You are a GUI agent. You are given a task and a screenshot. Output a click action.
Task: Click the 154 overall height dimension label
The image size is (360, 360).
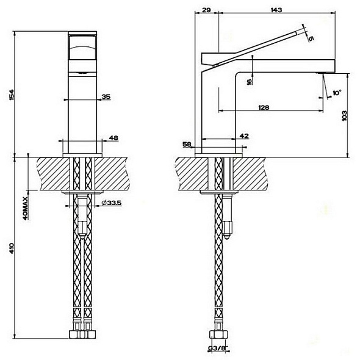[11, 95]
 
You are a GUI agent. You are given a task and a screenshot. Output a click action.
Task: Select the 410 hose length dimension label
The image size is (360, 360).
[12, 248]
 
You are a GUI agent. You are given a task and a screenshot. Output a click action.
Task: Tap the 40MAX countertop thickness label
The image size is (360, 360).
[26, 209]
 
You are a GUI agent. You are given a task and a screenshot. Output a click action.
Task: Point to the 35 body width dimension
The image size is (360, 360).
[106, 96]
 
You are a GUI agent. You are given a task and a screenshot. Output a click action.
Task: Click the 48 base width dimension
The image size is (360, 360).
[113, 138]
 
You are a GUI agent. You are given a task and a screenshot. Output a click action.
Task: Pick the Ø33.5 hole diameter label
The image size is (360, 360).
[111, 203]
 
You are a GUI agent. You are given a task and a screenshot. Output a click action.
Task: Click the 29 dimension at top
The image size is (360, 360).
[206, 10]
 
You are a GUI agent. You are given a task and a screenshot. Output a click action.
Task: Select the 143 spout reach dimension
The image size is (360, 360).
[276, 10]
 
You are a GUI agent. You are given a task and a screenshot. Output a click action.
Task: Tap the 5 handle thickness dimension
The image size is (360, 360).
[311, 38]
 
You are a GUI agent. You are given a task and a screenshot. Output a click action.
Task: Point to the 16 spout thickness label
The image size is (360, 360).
[250, 81]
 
